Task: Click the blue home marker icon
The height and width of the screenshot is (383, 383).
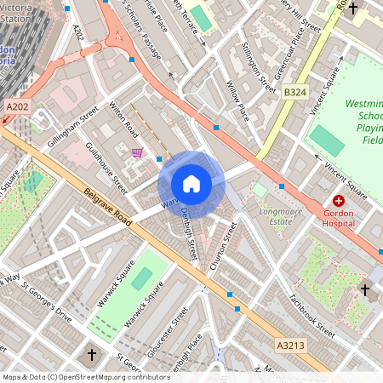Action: (191, 183)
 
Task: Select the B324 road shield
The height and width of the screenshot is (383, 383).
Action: (294, 91)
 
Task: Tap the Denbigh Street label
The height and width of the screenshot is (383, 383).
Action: (189, 233)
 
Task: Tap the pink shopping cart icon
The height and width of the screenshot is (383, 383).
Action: (138, 152)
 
